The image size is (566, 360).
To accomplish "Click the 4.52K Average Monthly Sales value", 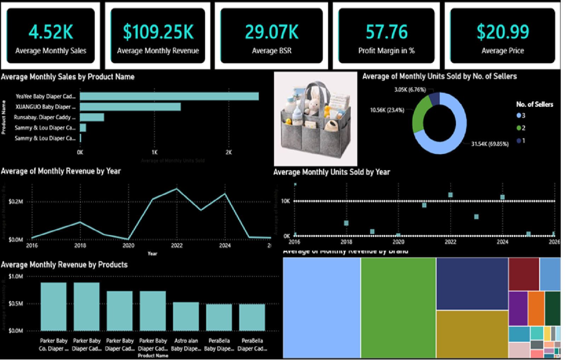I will coord(51,32).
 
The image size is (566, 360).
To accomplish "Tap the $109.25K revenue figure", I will coord(158,32).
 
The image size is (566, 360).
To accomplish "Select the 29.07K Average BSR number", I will coord(272,32).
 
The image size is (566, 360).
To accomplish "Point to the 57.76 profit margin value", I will coord(386,32).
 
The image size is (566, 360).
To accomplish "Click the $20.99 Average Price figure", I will coord(503,32).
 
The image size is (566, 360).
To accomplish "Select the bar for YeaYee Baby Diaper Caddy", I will coord(169,96).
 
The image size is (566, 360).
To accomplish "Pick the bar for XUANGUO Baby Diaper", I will coord(130,107).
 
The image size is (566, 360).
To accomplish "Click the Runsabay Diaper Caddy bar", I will coord(92,117).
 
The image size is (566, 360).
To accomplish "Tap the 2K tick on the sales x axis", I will coord(229,152).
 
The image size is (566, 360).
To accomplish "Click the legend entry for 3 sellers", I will coord(521,116).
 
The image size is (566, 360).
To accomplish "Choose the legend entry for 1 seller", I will coord(521,141).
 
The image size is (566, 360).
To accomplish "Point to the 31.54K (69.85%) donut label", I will coord(490,144).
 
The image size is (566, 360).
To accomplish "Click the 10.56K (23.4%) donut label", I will coord(387,110).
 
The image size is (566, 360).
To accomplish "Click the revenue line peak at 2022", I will coord(177,189).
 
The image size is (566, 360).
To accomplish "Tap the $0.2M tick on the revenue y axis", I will coord(16,202).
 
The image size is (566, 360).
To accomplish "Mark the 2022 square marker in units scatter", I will coord(450,195).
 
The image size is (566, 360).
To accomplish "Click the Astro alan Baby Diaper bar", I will coord(186,316).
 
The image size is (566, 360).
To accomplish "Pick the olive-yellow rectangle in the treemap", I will coord(472,334).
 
